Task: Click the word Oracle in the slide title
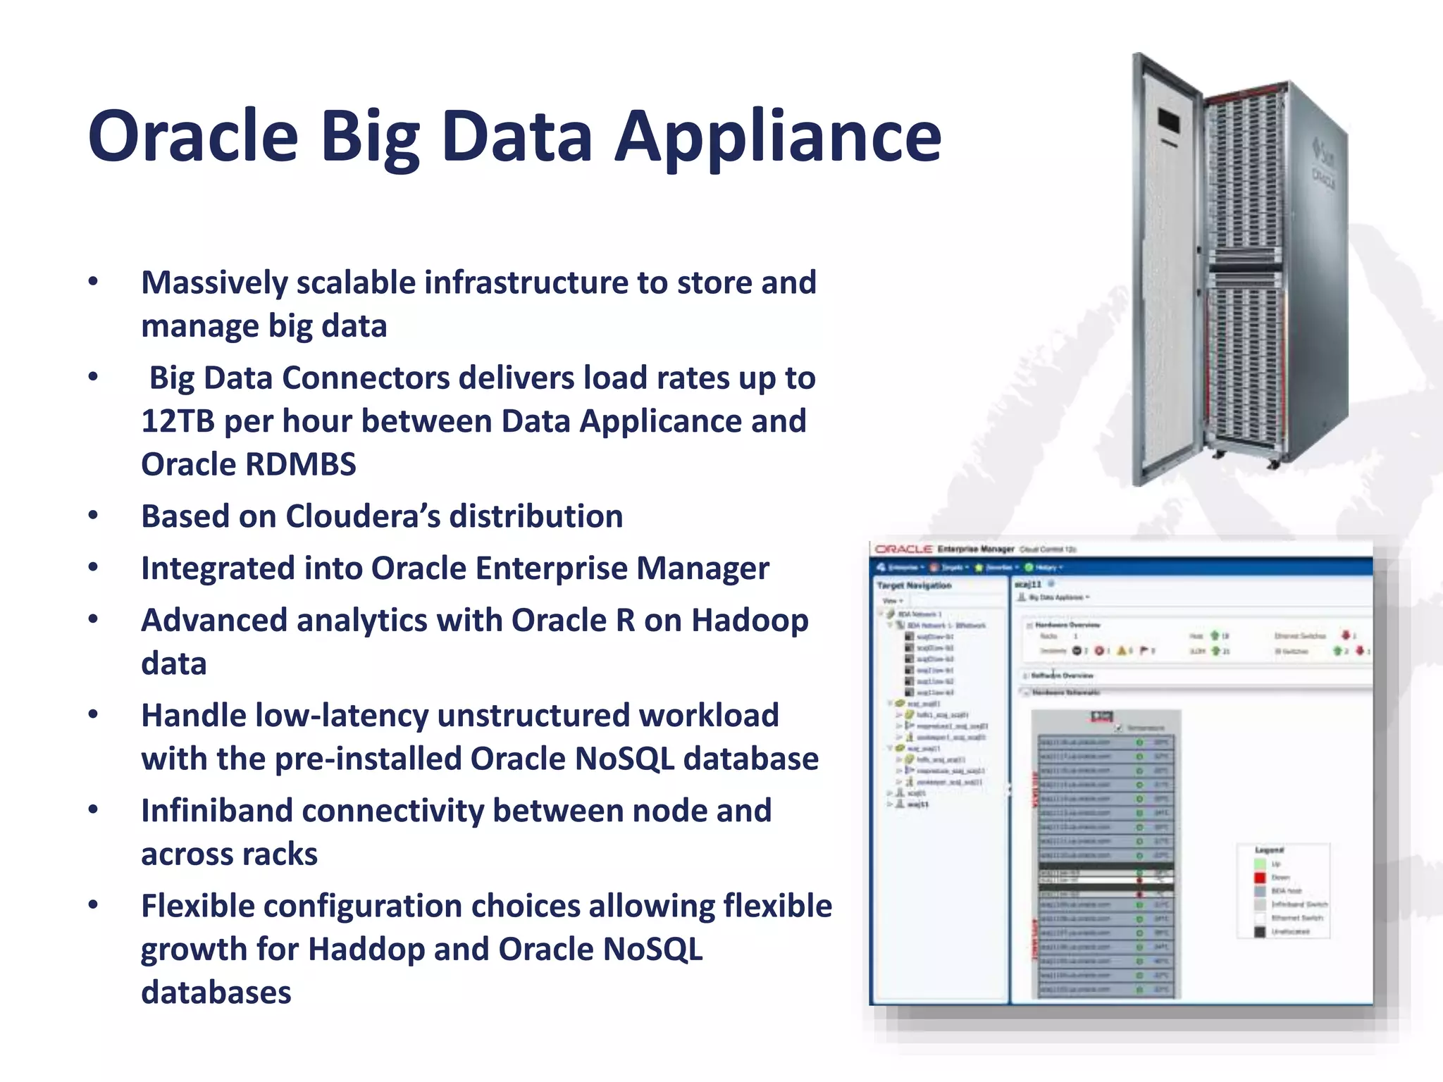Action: pos(193,136)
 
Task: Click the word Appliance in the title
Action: pos(778,136)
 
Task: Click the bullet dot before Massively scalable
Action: pos(93,282)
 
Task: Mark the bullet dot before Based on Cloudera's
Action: pos(93,516)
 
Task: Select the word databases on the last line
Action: pos(216,993)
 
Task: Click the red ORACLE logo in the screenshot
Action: pos(903,549)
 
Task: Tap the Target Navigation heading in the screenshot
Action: pos(914,585)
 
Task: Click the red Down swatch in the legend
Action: pos(1260,878)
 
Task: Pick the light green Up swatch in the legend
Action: pos(1260,864)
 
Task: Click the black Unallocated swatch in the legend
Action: pos(1260,931)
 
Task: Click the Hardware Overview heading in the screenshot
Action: pos(1067,625)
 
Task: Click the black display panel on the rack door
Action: pos(1168,120)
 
